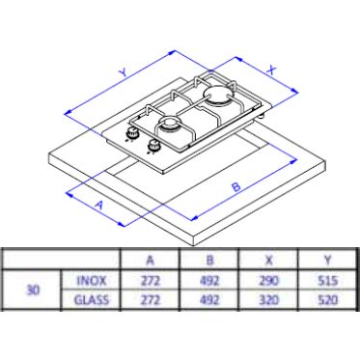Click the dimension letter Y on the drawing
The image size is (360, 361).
(x=123, y=72)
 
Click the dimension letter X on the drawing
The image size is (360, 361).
(x=272, y=69)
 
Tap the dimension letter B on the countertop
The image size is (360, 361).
(x=236, y=186)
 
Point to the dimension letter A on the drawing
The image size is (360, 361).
(x=100, y=205)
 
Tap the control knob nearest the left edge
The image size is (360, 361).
(x=131, y=132)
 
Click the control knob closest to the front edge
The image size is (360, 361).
(x=153, y=146)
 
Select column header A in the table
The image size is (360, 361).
(x=151, y=260)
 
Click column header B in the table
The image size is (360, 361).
(x=209, y=260)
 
